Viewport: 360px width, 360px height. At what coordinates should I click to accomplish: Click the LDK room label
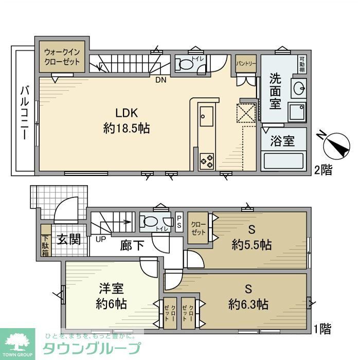[127, 113]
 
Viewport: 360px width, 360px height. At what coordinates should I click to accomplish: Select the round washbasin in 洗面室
[297, 88]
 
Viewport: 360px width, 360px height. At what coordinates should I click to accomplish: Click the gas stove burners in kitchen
[207, 160]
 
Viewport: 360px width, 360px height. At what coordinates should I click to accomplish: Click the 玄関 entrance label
[67, 240]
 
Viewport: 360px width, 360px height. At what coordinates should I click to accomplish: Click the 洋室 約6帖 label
[110, 296]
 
